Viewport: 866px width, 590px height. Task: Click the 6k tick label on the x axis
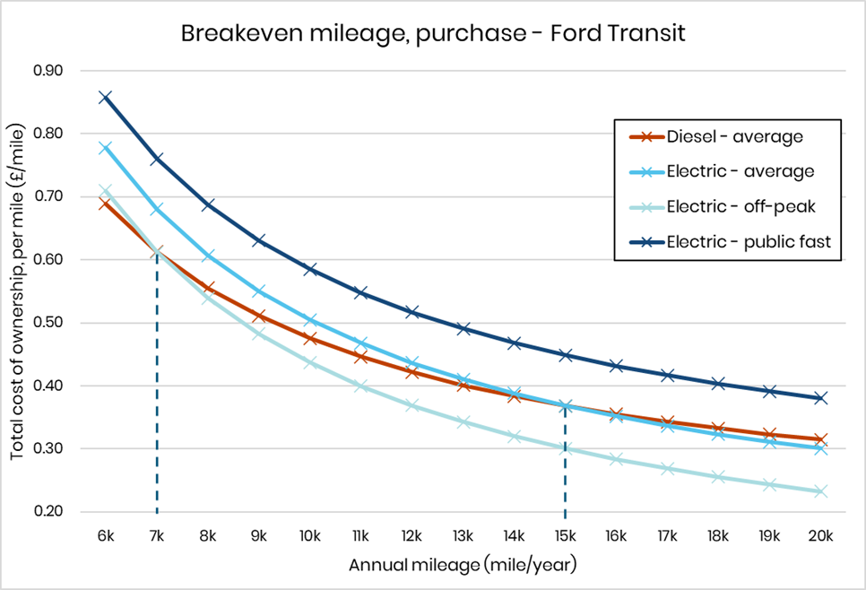[x=106, y=537]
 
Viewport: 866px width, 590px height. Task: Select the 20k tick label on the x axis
[x=820, y=537]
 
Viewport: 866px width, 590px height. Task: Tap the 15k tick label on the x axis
[x=565, y=537]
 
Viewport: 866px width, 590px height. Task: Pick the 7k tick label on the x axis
[x=157, y=537]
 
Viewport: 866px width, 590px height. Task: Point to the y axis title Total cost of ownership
[x=18, y=291]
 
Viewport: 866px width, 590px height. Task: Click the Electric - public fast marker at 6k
[x=106, y=97]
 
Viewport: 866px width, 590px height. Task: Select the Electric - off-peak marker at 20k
[x=820, y=491]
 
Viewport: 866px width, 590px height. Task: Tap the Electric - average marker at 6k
[x=106, y=147]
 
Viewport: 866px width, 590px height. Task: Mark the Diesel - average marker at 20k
[x=820, y=439]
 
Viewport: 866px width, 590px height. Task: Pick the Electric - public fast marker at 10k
[x=310, y=269]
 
